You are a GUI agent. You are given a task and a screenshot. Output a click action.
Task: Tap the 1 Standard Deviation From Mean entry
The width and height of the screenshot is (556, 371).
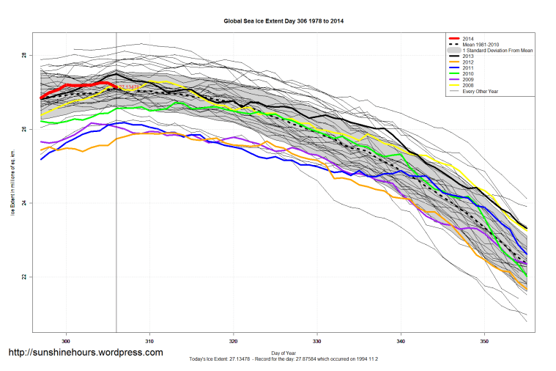495,51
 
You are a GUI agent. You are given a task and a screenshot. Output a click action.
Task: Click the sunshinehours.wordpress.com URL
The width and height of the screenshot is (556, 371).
85,353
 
